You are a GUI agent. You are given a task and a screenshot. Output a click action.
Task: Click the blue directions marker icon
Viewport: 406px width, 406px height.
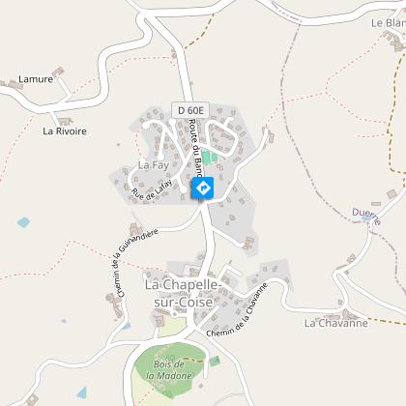point(203,188)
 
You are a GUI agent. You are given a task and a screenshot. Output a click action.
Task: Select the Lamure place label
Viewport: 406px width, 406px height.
point(36,79)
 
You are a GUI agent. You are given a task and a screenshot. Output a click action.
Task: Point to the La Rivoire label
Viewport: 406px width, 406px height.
point(64,128)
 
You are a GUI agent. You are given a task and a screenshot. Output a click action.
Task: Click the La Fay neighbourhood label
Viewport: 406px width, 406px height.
point(153,164)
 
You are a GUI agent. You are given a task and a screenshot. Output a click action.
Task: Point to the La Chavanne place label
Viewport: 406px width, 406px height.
point(335,323)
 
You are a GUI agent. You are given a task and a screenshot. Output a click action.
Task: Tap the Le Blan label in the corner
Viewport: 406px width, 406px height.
point(388,21)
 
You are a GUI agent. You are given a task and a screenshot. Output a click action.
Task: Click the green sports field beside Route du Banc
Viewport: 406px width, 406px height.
point(207,158)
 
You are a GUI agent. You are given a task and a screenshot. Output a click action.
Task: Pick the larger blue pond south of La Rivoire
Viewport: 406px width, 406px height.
point(23,222)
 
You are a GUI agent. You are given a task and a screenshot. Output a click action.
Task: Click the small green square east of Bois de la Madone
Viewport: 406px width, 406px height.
point(215,361)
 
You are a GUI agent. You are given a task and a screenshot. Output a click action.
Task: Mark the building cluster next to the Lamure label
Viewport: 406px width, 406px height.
point(58,72)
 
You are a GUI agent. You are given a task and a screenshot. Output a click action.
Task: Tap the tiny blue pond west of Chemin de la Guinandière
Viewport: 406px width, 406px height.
point(64,321)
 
